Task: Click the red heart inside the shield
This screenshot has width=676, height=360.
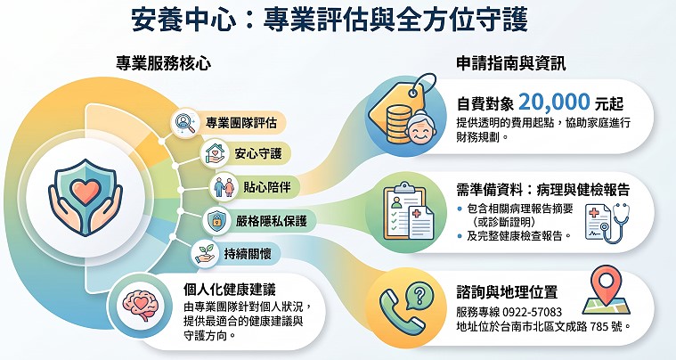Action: pyautogui.click(x=86, y=192)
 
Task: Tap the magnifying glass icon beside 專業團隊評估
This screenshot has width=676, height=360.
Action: pyautogui.click(x=185, y=122)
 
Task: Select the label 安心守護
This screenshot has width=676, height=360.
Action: pyautogui.click(x=257, y=153)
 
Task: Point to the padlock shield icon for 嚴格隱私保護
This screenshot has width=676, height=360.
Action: pyautogui.click(x=216, y=221)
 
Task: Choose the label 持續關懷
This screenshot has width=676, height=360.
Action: pyautogui.click(x=248, y=254)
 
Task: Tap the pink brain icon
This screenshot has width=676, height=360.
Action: pyautogui.click(x=140, y=305)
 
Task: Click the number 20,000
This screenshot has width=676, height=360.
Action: pyautogui.click(x=554, y=102)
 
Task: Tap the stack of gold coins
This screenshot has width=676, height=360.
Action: pyautogui.click(x=399, y=124)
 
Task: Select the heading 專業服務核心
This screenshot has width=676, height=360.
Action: pyautogui.click(x=163, y=64)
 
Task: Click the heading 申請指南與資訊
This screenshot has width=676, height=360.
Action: pyautogui.click(x=511, y=64)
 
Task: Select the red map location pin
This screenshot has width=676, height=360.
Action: pyautogui.click(x=607, y=282)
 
